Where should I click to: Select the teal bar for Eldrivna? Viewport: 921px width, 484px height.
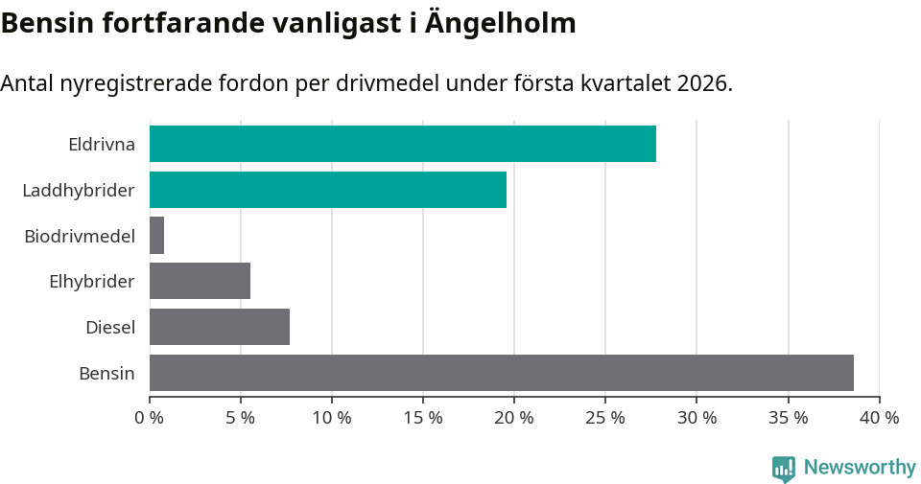pyautogui.click(x=403, y=144)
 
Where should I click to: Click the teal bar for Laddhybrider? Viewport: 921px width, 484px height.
pyautogui.click(x=328, y=190)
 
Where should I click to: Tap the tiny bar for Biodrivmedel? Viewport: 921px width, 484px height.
pyautogui.click(x=157, y=236)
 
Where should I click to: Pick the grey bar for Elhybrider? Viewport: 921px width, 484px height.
pyautogui.click(x=201, y=281)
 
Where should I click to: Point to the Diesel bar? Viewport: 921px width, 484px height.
pyautogui.click(x=220, y=327)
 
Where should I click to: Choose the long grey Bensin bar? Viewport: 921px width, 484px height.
pyautogui.click(x=502, y=373)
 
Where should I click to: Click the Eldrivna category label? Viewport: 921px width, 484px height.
pyautogui.click(x=102, y=145)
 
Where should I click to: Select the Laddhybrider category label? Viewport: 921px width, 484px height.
pyautogui.click(x=79, y=191)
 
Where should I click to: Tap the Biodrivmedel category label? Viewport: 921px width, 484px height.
pyautogui.click(x=80, y=236)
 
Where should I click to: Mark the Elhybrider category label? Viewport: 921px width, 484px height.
pyautogui.click(x=92, y=282)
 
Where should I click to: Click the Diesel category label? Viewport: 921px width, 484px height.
pyautogui.click(x=110, y=328)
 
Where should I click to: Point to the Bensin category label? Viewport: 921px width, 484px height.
pyautogui.click(x=106, y=373)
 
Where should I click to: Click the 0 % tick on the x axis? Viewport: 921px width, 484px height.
pyautogui.click(x=150, y=418)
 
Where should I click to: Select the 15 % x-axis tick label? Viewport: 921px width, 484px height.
pyautogui.click(x=423, y=418)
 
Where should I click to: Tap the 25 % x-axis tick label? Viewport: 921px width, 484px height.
pyautogui.click(x=605, y=418)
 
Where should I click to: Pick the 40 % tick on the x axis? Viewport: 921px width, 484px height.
pyautogui.click(x=879, y=418)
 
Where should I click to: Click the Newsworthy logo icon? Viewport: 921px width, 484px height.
pyautogui.click(x=784, y=468)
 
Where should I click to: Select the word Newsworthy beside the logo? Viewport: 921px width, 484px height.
pyautogui.click(x=860, y=468)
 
